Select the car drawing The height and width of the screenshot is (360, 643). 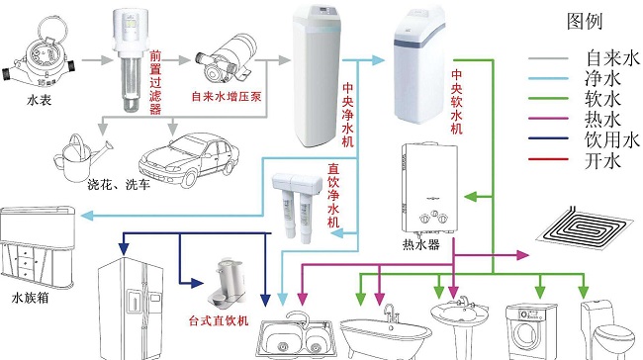point(188,158)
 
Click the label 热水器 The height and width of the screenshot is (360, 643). point(419,241)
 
